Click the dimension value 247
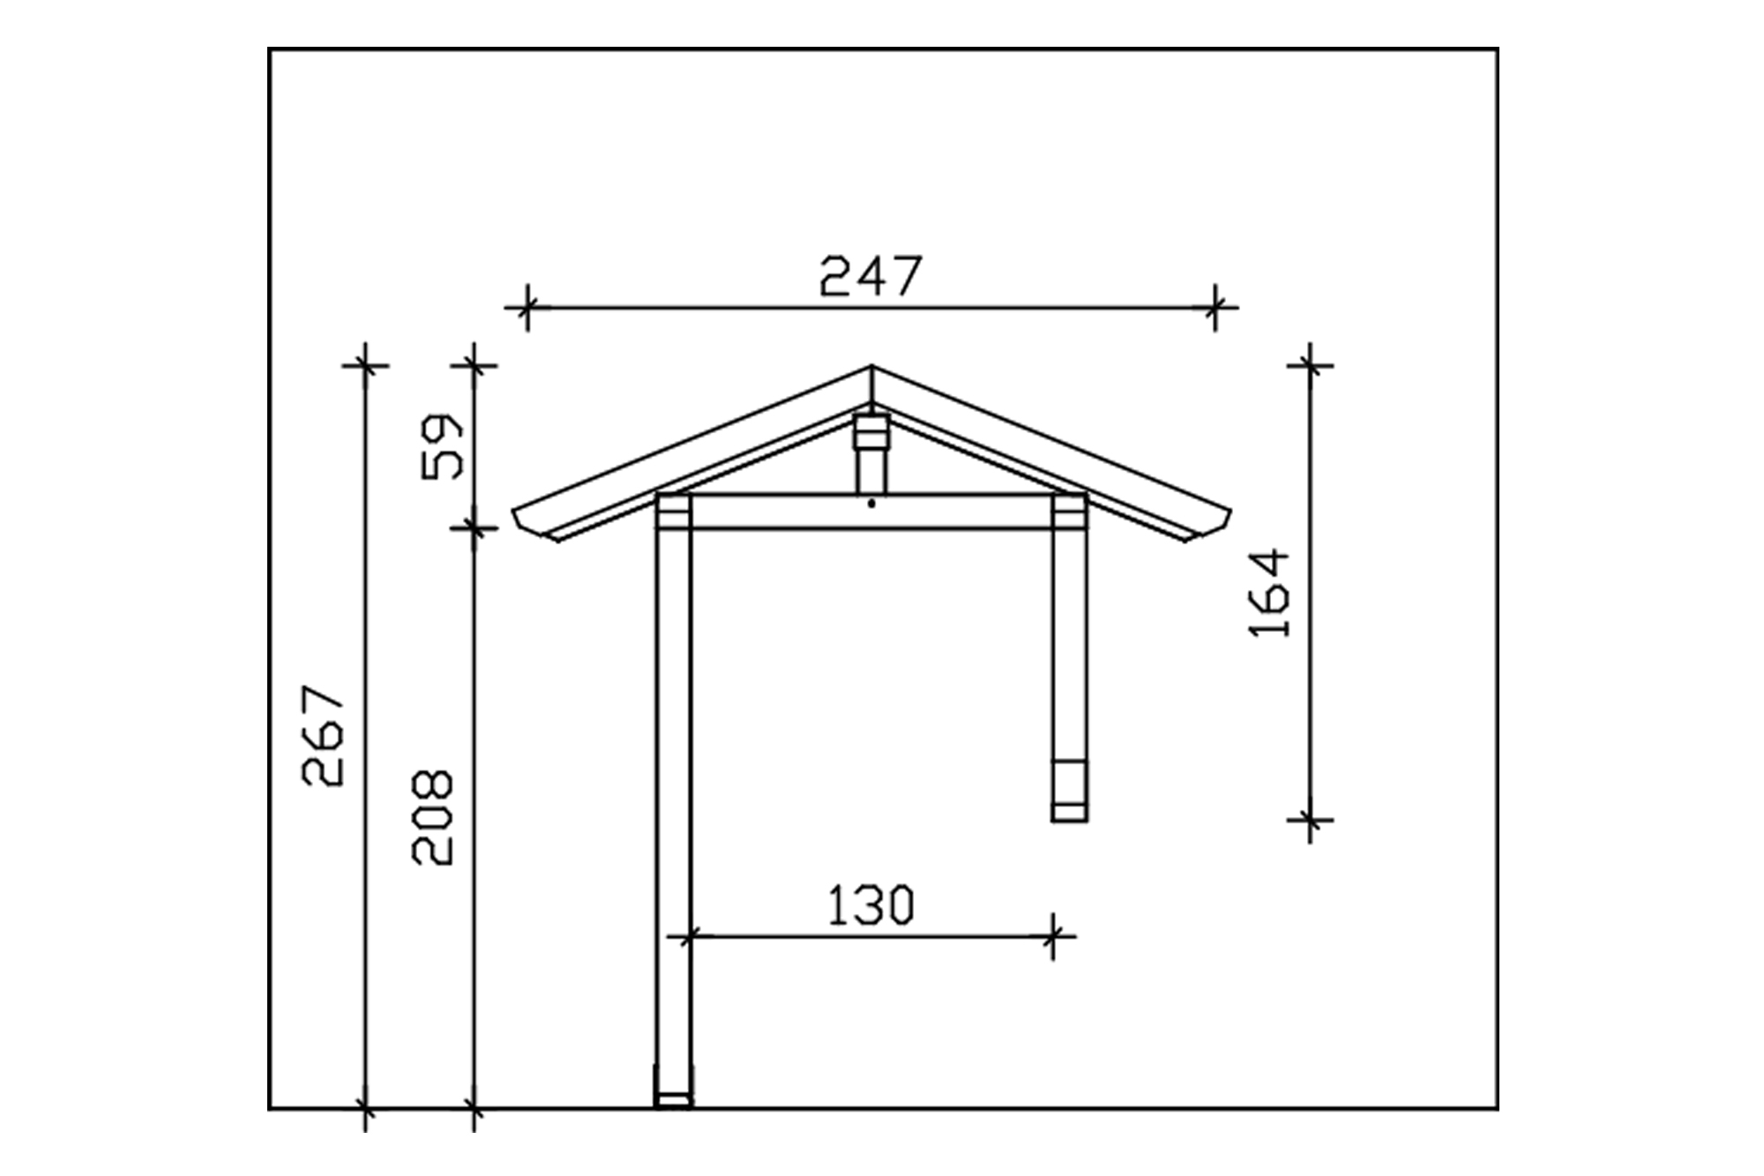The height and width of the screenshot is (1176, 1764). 871,276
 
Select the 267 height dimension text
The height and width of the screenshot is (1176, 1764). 323,735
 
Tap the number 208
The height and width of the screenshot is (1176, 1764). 432,817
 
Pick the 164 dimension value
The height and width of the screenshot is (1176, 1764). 1270,593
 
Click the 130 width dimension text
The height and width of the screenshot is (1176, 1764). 871,906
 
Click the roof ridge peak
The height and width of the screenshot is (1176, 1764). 871,366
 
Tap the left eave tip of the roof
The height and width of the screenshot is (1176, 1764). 514,511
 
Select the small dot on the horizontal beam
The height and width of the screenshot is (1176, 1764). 871,504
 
